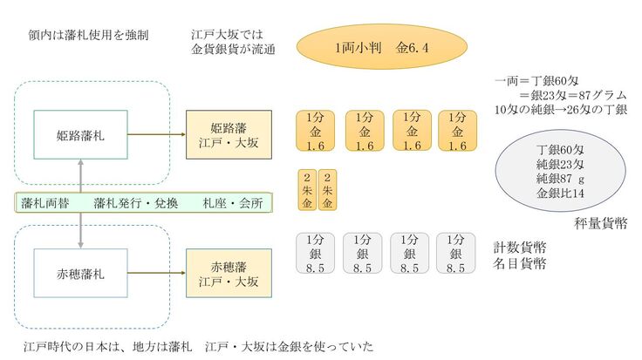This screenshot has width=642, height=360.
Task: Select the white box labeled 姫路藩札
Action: pos(81,135)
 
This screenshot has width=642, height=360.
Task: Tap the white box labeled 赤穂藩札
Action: pos(81,275)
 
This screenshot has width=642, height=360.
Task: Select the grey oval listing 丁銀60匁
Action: pos(548,170)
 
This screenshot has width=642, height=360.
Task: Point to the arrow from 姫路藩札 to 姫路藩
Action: pos(158,135)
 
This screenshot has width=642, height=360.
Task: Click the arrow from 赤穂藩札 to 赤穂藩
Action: pos(158,275)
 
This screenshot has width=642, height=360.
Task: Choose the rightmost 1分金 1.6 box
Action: pos(456,132)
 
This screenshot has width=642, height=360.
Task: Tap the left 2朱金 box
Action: pos(307,187)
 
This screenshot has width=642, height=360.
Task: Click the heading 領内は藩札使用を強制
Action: pos(88,36)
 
